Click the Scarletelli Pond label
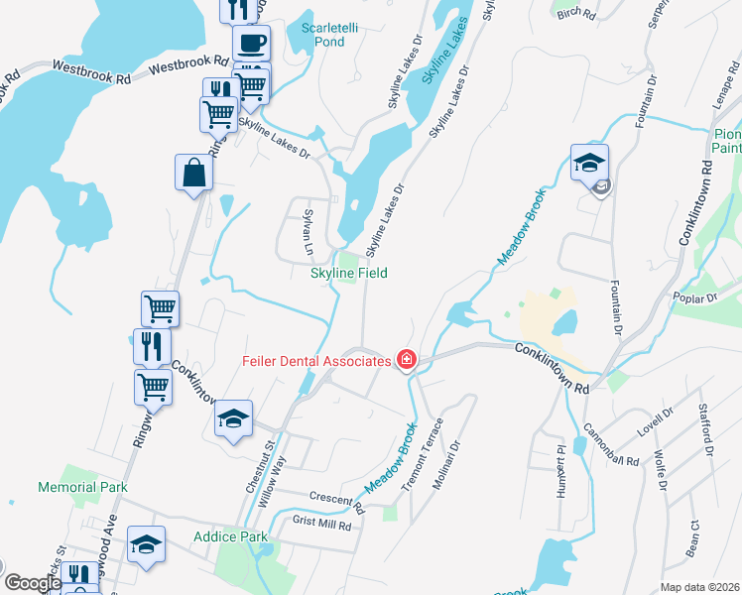click(x=315, y=35)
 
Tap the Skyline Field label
click(x=348, y=273)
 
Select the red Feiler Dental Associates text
click(x=316, y=361)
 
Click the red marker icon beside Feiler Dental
click(x=406, y=359)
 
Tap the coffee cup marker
click(x=251, y=44)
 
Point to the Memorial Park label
click(x=83, y=487)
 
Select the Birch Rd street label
click(x=575, y=14)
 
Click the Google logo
click(x=33, y=583)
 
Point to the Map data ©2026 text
click(x=698, y=587)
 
